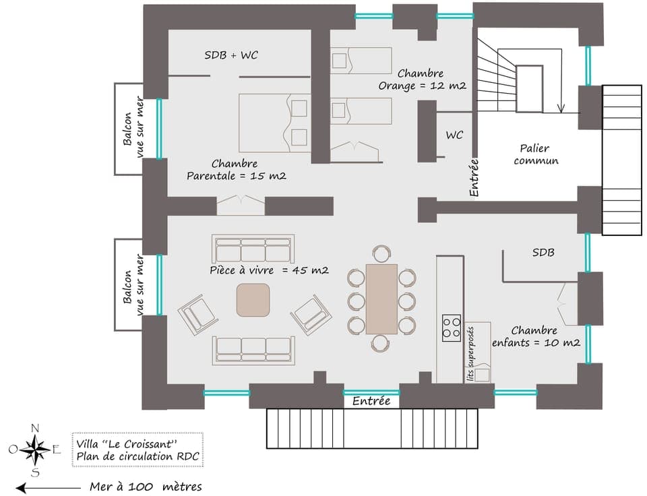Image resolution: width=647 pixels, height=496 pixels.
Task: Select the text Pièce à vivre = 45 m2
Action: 269,270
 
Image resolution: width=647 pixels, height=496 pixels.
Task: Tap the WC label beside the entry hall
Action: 454,135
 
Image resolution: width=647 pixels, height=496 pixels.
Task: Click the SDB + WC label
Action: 231,55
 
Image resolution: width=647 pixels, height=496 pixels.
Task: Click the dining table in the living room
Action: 381,299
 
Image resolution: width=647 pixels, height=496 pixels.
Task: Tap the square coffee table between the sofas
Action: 253,300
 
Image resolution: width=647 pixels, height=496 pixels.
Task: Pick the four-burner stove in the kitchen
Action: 452,328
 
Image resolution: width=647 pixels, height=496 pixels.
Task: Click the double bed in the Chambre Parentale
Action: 274,123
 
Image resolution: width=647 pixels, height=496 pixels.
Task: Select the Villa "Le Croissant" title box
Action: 137,449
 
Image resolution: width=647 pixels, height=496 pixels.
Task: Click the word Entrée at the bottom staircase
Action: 371,401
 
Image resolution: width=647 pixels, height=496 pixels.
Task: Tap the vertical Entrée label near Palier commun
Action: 474,177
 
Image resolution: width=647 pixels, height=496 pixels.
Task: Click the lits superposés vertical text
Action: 470,354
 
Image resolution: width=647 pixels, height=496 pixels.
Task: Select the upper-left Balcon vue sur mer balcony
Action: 129,129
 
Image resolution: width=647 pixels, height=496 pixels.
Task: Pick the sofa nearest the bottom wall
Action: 253,349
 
